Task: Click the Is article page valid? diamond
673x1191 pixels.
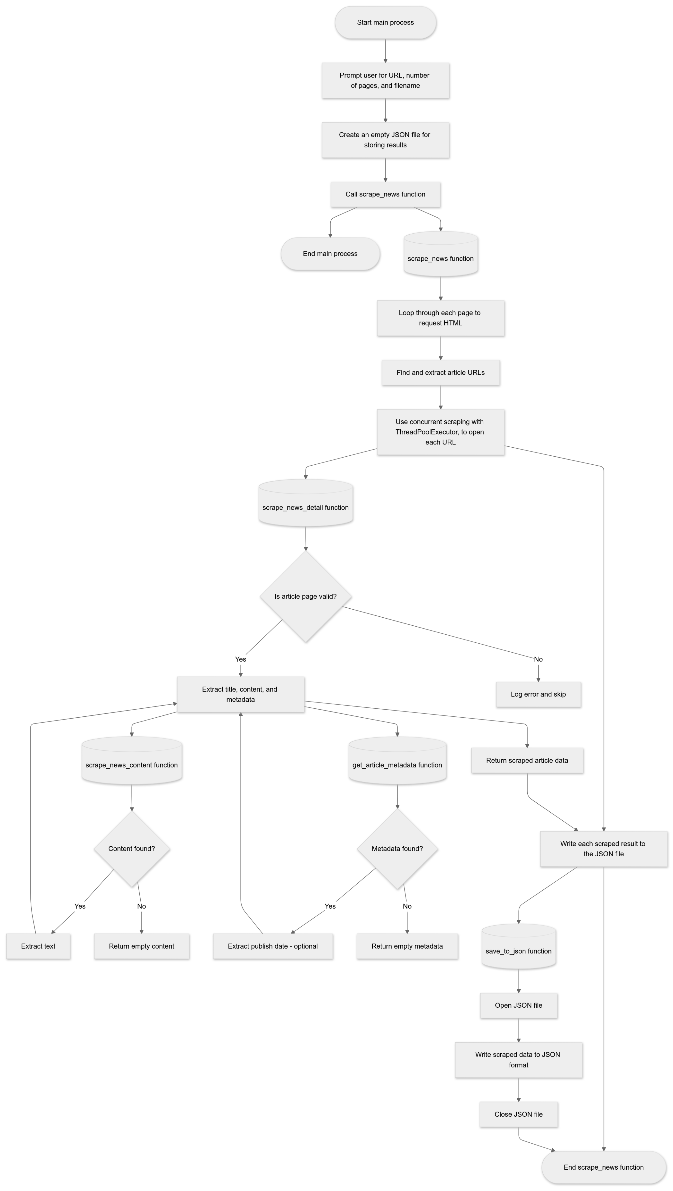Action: pos(305,596)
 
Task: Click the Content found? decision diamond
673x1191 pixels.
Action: pos(132,848)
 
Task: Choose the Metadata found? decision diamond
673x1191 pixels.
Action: pos(397,848)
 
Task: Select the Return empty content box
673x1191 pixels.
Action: pos(142,946)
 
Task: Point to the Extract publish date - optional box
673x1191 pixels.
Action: pos(273,946)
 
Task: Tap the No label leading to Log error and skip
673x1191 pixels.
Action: pos(538,659)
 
